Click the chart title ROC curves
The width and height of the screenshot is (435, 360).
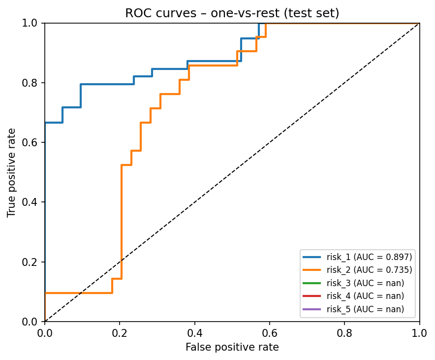232,13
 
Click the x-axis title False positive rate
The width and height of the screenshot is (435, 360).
232,347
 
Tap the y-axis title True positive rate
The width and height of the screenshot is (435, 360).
12,172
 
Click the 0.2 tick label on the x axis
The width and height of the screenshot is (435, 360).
120,332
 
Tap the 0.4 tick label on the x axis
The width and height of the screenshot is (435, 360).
195,332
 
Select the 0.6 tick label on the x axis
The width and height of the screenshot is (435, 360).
270,332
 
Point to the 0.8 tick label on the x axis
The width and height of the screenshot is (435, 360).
344,332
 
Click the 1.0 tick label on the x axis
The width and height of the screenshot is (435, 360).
419,332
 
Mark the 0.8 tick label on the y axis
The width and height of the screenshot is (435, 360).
33,83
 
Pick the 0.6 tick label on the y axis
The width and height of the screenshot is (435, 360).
33,142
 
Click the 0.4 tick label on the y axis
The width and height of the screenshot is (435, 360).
33,202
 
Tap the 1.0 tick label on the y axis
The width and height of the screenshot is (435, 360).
33,23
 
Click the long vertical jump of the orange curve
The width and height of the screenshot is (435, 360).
121,222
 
